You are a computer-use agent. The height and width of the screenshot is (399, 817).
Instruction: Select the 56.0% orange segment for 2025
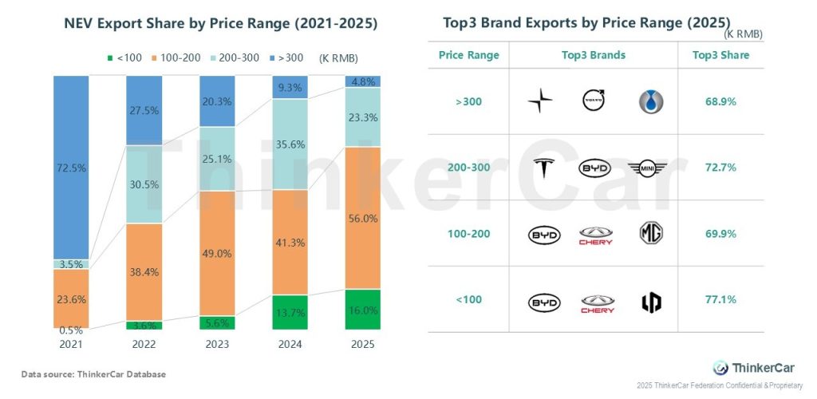[362, 217]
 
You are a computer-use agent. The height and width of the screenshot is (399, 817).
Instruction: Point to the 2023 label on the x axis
[217, 345]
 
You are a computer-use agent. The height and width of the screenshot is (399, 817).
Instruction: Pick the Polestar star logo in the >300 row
[540, 101]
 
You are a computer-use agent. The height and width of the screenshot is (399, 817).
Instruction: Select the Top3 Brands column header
[594, 55]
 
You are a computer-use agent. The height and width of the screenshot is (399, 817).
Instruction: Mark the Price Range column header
[469, 55]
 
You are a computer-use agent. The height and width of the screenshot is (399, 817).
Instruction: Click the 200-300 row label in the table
[469, 168]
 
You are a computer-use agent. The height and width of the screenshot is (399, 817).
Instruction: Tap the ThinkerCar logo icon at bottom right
[720, 367]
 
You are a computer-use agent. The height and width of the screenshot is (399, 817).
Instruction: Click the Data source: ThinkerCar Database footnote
[93, 373]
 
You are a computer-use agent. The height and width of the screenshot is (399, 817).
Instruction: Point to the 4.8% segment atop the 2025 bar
[362, 81]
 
